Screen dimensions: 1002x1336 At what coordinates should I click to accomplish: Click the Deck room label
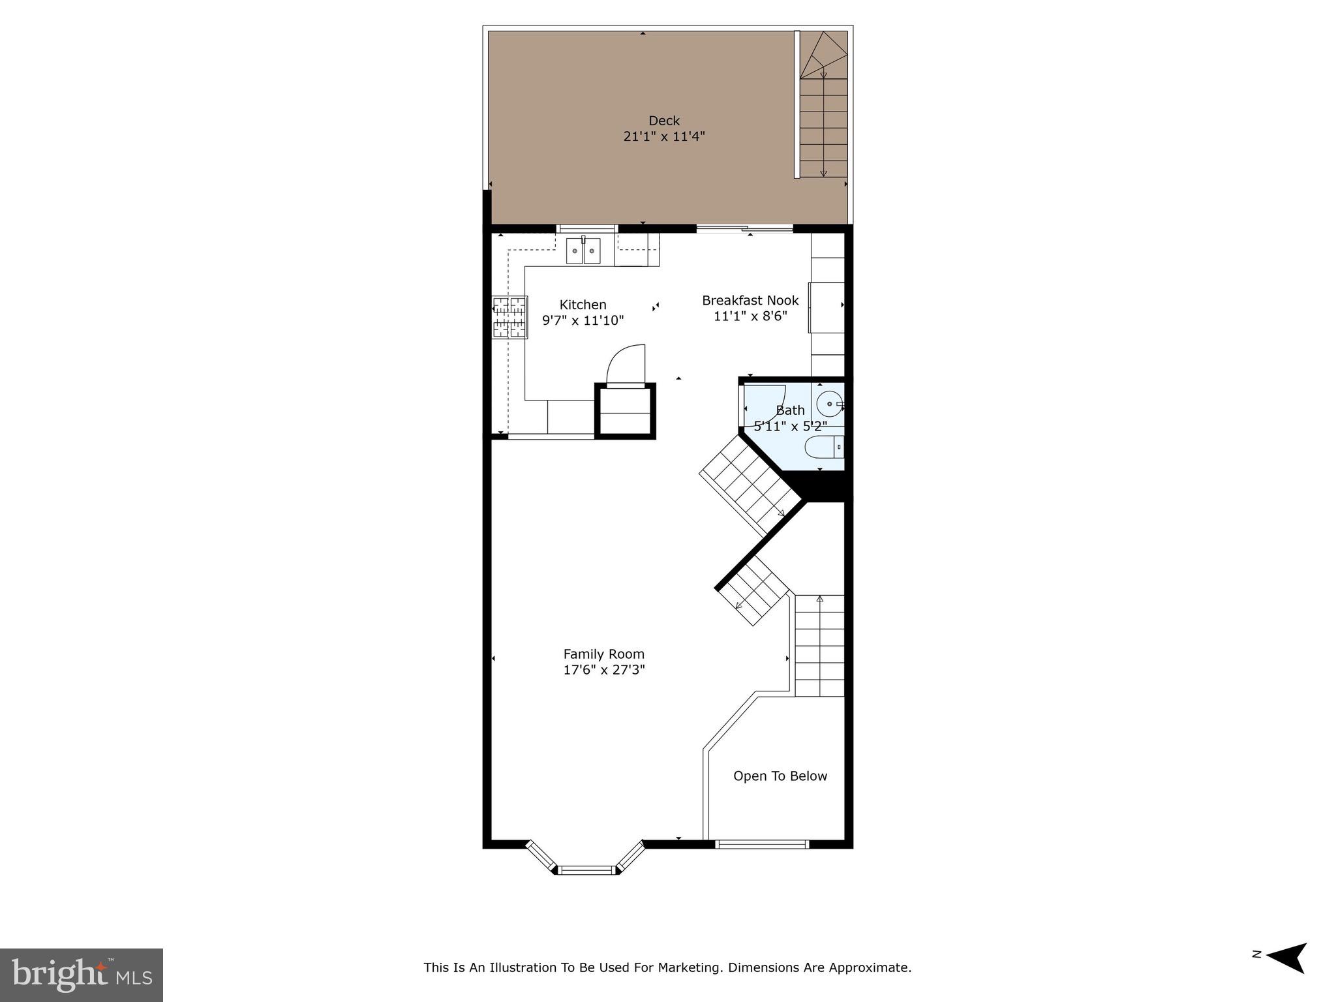663,121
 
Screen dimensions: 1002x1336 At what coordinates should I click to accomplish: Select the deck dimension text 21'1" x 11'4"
663,137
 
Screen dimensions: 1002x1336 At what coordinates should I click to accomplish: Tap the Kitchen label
583,305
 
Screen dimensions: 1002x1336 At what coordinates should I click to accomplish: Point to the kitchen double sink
583,250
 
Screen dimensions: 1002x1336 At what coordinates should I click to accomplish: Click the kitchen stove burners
509,317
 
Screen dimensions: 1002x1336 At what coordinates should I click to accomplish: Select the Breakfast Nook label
750,301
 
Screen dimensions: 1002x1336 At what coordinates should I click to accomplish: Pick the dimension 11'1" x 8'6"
750,316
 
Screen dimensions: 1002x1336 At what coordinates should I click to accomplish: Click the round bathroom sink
828,404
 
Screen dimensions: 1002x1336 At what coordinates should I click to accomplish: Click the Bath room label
790,410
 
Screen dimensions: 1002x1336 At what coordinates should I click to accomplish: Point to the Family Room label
603,654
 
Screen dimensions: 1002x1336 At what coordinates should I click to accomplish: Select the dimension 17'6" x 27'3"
603,670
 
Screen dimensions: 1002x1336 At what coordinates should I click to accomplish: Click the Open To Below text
780,776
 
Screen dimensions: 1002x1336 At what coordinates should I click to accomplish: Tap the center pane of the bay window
587,870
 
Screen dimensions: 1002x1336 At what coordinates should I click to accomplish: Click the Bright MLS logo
82,975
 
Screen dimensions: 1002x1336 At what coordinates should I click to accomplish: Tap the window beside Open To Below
761,844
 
